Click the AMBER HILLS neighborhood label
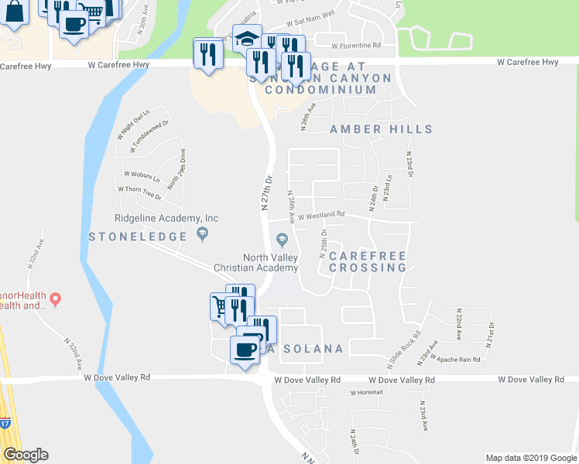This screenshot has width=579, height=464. [x=381, y=129]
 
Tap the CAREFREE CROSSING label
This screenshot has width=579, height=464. [x=368, y=261]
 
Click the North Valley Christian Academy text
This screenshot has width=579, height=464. [x=270, y=263]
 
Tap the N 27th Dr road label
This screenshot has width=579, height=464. [x=267, y=192]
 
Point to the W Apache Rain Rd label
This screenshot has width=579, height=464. [x=459, y=359]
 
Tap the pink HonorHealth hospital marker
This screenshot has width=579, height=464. [x=56, y=298]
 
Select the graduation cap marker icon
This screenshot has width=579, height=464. [x=247, y=39]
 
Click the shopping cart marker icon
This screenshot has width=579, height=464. [x=221, y=306]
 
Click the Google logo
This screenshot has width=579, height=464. [x=26, y=455]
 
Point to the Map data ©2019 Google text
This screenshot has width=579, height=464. [x=531, y=458]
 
